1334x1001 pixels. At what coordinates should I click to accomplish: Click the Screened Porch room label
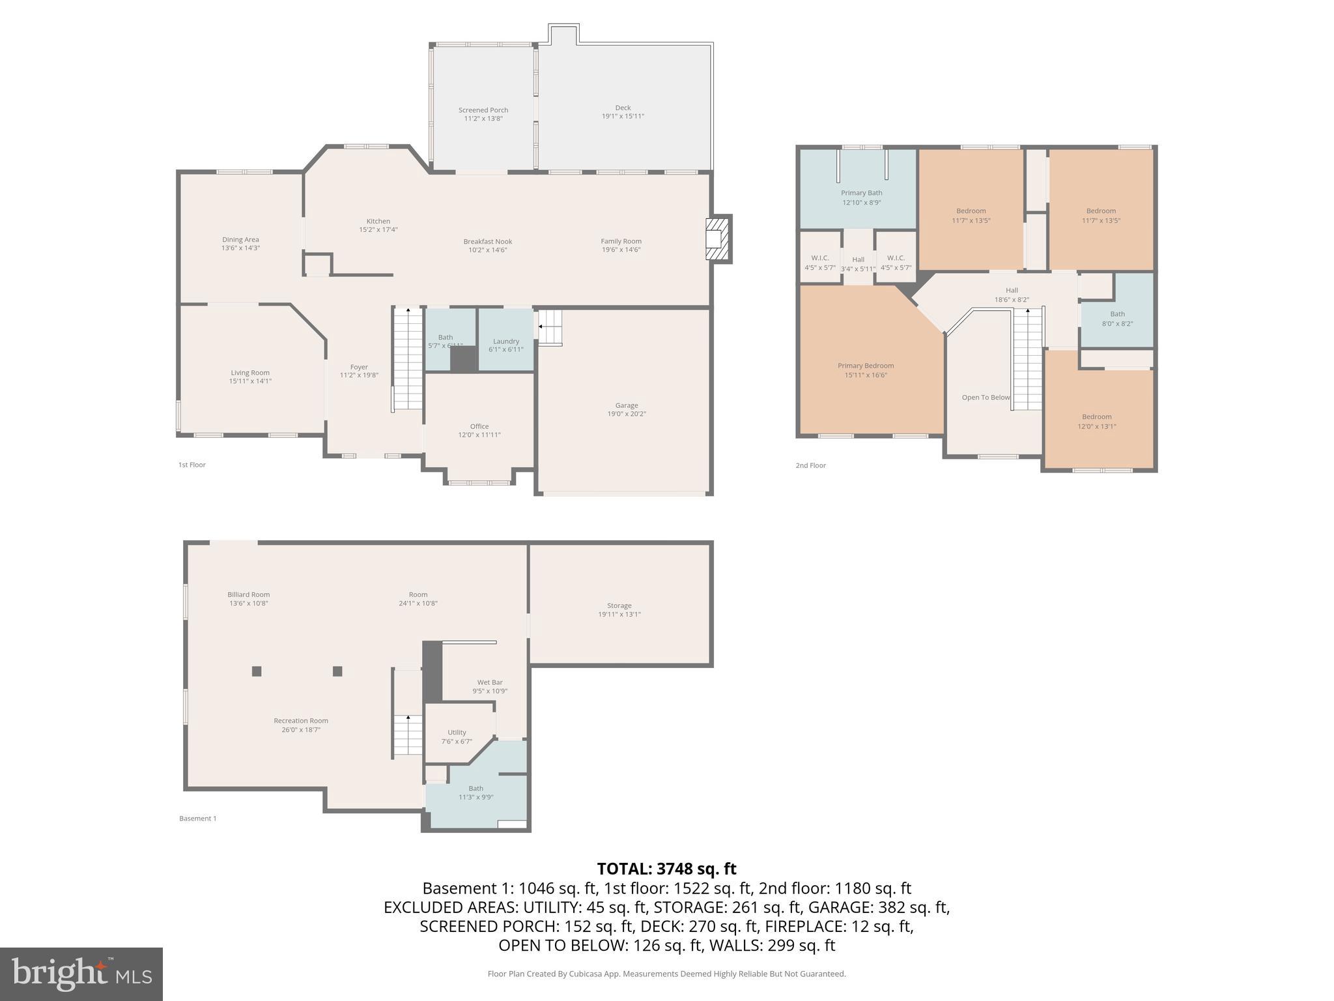click(x=483, y=110)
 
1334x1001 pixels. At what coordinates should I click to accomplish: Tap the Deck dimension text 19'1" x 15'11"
click(x=623, y=117)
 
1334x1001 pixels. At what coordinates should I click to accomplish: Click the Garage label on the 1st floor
click(x=626, y=405)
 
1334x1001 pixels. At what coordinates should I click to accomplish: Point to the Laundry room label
click(x=505, y=341)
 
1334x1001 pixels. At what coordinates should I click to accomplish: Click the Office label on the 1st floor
click(x=479, y=427)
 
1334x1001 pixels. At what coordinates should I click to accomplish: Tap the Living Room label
click(x=249, y=373)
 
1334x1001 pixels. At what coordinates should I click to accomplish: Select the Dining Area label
click(x=240, y=240)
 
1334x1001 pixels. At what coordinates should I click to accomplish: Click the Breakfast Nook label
click(x=487, y=242)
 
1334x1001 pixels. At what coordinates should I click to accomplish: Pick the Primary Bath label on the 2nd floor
click(x=861, y=193)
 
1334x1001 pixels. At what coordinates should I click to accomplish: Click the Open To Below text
click(x=986, y=398)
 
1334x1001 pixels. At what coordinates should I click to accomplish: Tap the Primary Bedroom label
click(x=865, y=366)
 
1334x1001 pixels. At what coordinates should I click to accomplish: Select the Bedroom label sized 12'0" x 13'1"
click(x=1096, y=417)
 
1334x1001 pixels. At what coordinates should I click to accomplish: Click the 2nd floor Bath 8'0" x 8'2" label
click(x=1117, y=314)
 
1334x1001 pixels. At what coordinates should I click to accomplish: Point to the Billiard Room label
click(x=248, y=594)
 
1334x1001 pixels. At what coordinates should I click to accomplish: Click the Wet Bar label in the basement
click(x=489, y=682)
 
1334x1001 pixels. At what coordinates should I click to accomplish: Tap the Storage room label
click(x=619, y=605)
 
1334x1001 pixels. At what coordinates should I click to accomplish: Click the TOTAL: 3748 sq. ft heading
click(x=666, y=869)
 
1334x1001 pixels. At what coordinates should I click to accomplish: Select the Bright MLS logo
click(x=81, y=974)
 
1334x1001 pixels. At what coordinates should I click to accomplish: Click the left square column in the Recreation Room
click(x=257, y=671)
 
